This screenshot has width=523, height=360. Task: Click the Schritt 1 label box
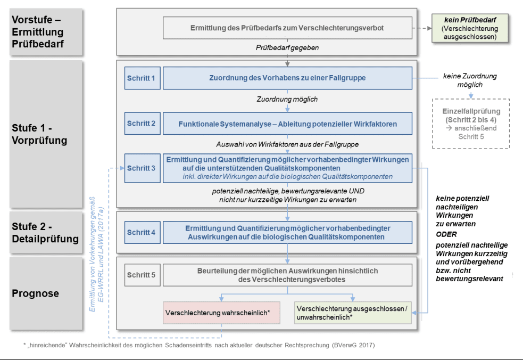[141, 78]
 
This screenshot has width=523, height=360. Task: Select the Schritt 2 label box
[141, 124]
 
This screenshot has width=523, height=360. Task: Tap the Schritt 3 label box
[141, 168]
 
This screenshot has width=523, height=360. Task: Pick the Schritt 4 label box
[141, 232]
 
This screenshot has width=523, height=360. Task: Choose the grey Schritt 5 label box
[141, 275]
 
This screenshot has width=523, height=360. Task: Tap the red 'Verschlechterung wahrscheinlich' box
[221, 312]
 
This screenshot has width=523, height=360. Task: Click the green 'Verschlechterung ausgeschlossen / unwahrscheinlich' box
[353, 313]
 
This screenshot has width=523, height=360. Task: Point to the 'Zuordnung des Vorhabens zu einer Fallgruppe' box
[287, 78]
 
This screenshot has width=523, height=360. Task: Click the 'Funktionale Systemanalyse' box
[287, 124]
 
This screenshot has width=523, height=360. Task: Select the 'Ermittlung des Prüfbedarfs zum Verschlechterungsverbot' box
[287, 28]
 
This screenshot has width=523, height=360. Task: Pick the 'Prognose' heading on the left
[36, 293]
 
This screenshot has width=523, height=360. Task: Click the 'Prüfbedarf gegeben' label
[287, 48]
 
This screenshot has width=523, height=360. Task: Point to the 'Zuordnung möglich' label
[287, 99]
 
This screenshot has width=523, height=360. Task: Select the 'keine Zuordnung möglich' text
[469, 80]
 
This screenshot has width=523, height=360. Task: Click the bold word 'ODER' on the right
[446, 234]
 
